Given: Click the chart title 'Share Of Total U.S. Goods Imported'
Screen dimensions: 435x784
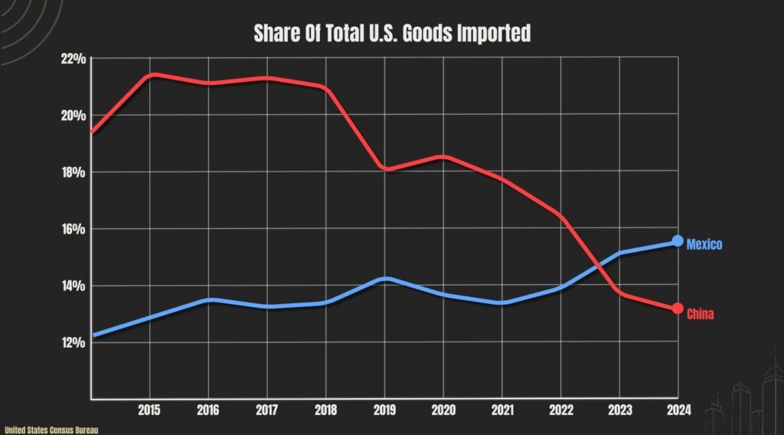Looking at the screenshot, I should tap(392, 34).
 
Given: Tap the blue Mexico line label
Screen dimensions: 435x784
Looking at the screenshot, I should tap(704, 244).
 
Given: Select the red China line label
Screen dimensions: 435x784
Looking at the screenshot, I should tap(701, 314).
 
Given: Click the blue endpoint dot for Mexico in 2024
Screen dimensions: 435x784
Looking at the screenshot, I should tap(678, 240).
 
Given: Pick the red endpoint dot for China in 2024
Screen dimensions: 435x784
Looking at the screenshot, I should tap(678, 309).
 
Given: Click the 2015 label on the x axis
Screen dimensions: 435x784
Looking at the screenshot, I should tap(150, 410).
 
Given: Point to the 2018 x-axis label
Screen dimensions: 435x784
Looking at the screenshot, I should tap(326, 410).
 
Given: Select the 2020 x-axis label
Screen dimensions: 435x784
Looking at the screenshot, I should tap(443, 410).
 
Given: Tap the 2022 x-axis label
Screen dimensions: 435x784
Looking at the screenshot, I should tap(560, 410).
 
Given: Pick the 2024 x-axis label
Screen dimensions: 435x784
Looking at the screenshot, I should tap(678, 410).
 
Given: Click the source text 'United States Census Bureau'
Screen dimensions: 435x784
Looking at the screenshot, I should tap(51, 430).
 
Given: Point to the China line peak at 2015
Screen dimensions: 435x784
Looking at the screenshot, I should tap(153, 74).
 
